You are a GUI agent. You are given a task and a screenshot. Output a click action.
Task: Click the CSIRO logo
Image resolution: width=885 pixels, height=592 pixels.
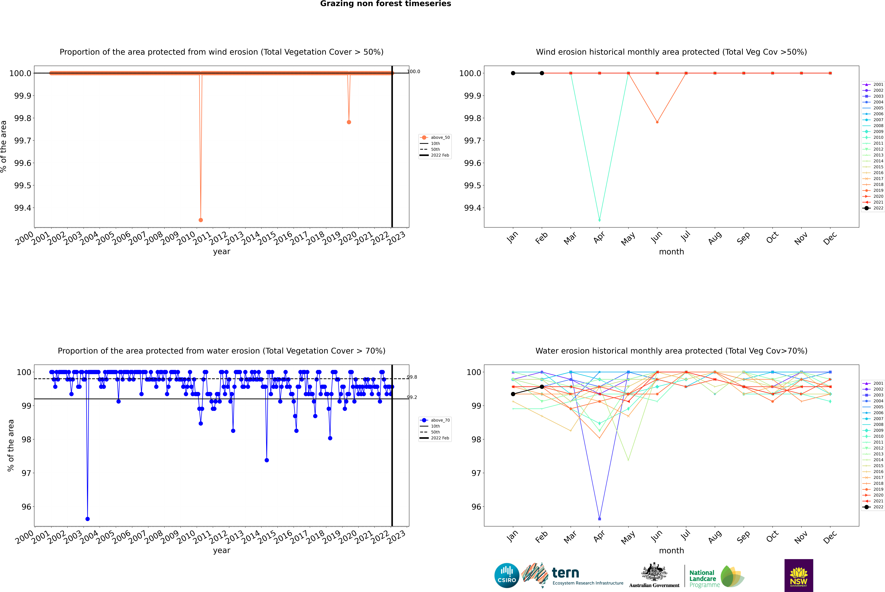coord(507,575)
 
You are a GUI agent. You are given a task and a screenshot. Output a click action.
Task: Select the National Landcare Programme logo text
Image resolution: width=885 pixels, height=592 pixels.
coord(702,578)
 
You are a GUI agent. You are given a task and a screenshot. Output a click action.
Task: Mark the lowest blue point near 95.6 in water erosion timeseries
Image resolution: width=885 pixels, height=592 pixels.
coord(88,519)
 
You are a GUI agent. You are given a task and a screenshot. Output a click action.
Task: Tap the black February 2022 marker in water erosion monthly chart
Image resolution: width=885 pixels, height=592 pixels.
coord(542,387)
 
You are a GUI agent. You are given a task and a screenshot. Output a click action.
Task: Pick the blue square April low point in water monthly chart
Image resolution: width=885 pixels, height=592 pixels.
coord(599,519)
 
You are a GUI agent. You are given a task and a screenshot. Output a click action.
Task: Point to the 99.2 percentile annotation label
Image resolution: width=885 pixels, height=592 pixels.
coord(412,397)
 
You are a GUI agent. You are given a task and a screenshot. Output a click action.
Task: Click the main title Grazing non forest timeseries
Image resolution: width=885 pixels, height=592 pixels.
coord(386,4)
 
